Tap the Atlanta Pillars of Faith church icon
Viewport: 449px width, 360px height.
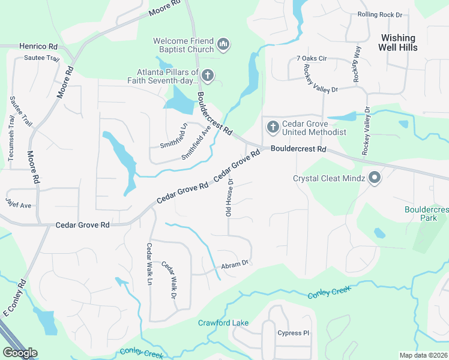[208, 75]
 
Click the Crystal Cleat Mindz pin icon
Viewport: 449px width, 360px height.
[375, 178]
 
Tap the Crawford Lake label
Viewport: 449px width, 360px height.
[223, 323]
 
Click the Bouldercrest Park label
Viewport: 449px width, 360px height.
[426, 214]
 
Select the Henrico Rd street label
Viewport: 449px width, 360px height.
[37, 46]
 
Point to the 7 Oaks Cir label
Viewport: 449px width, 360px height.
[311, 58]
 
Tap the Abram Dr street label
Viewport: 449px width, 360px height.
[235, 263]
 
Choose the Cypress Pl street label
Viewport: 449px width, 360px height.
[293, 333]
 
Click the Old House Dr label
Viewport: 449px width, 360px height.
[228, 200]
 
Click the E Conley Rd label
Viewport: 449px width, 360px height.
[16, 297]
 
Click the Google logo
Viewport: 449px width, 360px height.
[20, 353]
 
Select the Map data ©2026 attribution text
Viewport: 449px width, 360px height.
[423, 355]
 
